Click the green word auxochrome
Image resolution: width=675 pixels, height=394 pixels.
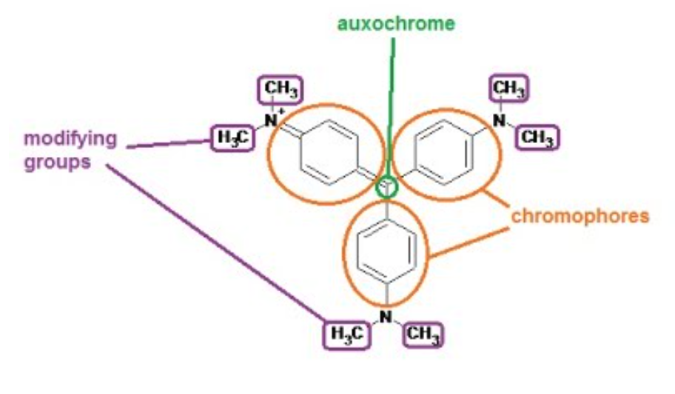[396, 24]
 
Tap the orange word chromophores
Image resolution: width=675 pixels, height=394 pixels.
[580, 217]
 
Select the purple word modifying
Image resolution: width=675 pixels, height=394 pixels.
[70, 138]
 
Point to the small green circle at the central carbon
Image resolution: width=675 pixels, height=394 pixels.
[387, 187]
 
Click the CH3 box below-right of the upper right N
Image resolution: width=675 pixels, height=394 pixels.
[537, 138]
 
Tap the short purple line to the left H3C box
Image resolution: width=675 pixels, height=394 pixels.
[167, 144]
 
